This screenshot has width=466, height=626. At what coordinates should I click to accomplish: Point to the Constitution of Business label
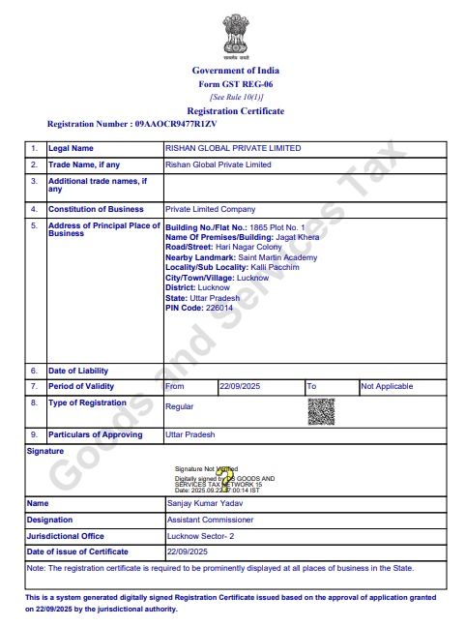coord(96,209)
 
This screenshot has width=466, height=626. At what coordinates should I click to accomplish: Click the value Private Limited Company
coord(211,209)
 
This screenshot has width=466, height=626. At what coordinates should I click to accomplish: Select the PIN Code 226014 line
coord(200,308)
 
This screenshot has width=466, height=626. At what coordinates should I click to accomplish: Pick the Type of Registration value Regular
coord(181,408)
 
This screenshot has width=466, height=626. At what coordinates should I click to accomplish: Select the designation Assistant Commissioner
coord(213,520)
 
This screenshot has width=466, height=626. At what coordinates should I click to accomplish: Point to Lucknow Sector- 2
coord(202,535)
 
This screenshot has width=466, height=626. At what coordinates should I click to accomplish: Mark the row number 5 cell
coord(34,225)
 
